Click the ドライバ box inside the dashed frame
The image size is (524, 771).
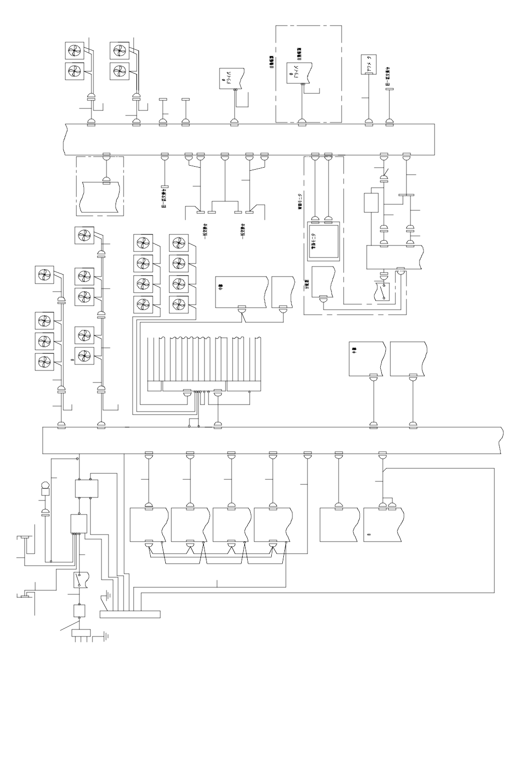[300, 72]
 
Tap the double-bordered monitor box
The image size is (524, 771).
[323, 240]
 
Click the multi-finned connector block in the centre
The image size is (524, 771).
[205, 364]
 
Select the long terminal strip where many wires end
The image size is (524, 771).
[130, 613]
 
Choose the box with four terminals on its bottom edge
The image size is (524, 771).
[78, 523]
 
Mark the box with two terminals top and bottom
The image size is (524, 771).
[86, 488]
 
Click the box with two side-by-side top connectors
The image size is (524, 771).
[382, 525]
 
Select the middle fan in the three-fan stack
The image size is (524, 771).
[44, 341]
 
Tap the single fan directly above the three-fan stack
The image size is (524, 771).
[44, 275]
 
